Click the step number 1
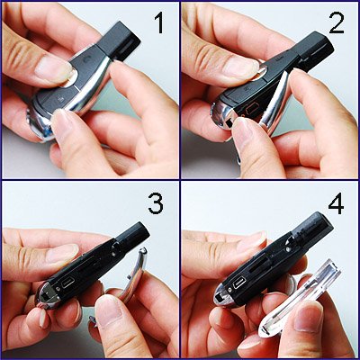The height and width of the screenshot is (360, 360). (x=160, y=23)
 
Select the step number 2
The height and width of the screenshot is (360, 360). (x=337, y=22)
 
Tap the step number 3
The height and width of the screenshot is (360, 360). (x=156, y=203)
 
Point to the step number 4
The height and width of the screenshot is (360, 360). (x=337, y=203)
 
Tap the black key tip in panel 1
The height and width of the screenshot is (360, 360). (x=119, y=40)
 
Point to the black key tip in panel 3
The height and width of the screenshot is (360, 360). (x=133, y=236)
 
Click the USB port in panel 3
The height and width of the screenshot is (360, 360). (x=68, y=282)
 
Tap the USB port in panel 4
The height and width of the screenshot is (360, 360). (x=240, y=282)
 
